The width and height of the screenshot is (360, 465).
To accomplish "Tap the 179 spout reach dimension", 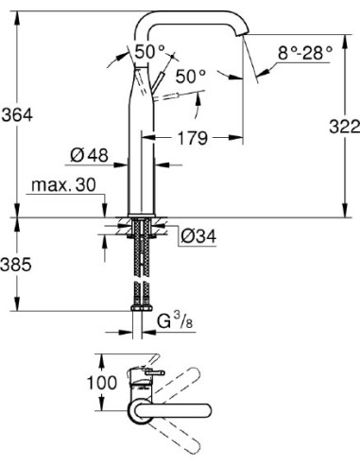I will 195,139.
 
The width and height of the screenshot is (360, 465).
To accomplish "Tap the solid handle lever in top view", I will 151,381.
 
